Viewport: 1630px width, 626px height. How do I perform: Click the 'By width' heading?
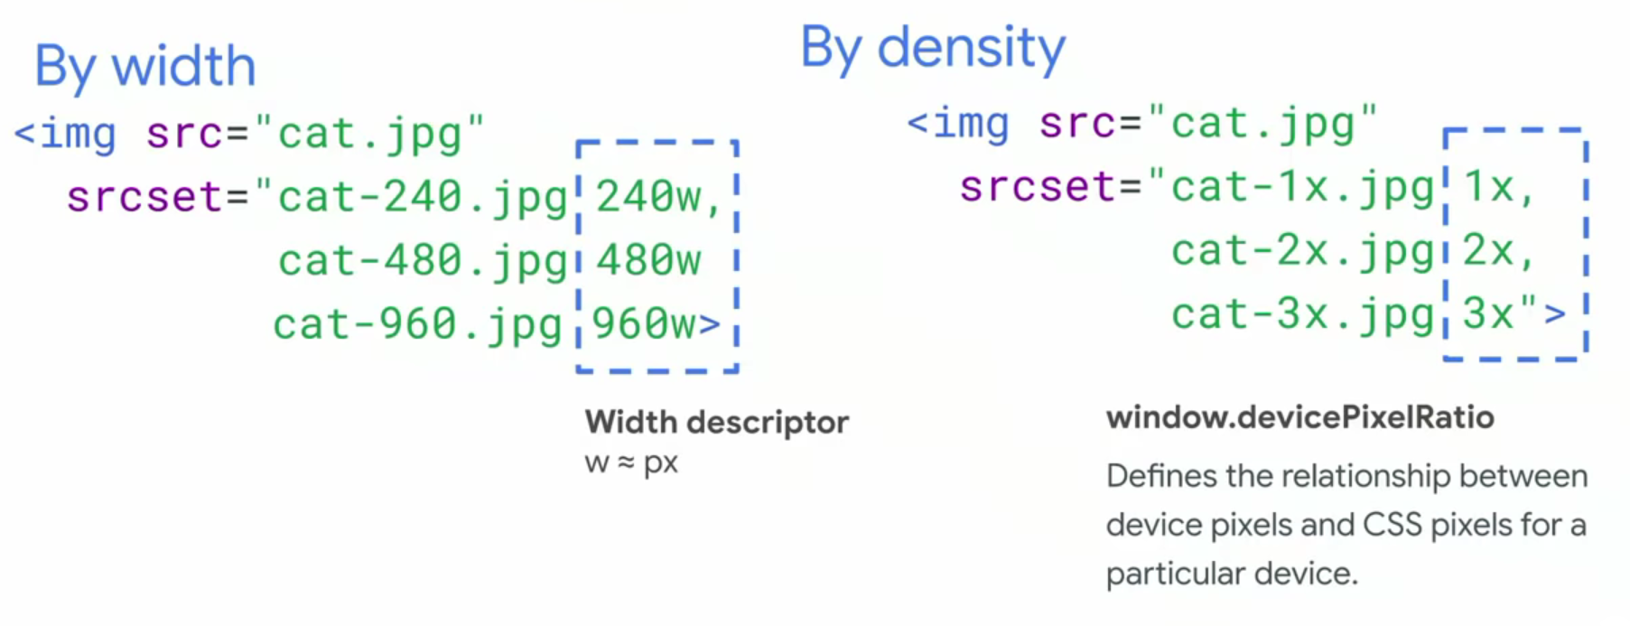pos(145,67)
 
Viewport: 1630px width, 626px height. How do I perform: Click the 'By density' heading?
pos(933,48)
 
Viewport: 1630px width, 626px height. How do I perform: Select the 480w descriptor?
pos(648,261)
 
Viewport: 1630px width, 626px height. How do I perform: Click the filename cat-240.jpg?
pos(423,198)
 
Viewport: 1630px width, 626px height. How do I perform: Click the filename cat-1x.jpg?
pos(1302,188)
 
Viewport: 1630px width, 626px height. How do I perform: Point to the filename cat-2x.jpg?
pos(1302,252)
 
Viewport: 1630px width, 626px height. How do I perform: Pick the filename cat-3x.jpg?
pos(1302,315)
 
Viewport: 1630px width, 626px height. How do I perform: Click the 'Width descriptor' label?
pos(716,422)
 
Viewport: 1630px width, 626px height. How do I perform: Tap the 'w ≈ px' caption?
pos(631,463)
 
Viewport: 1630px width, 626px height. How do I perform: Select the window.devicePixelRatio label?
pos(1299,417)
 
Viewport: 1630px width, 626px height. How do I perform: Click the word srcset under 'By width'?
pos(144,197)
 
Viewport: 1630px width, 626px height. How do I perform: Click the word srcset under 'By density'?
pos(1038,187)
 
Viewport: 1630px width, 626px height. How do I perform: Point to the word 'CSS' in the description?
pos(1392,525)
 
